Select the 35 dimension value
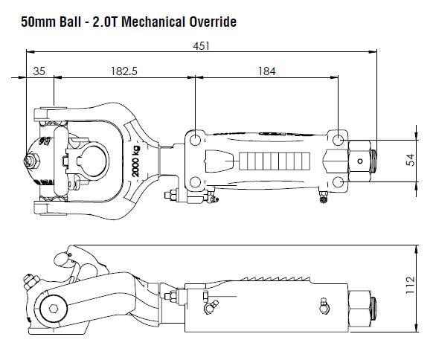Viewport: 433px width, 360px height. (40, 71)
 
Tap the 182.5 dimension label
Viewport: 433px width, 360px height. (124, 71)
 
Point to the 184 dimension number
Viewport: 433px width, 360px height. (266, 71)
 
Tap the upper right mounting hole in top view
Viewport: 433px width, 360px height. (339, 140)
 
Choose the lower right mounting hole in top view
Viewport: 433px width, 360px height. (339, 181)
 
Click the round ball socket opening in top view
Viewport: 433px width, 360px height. (92, 159)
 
